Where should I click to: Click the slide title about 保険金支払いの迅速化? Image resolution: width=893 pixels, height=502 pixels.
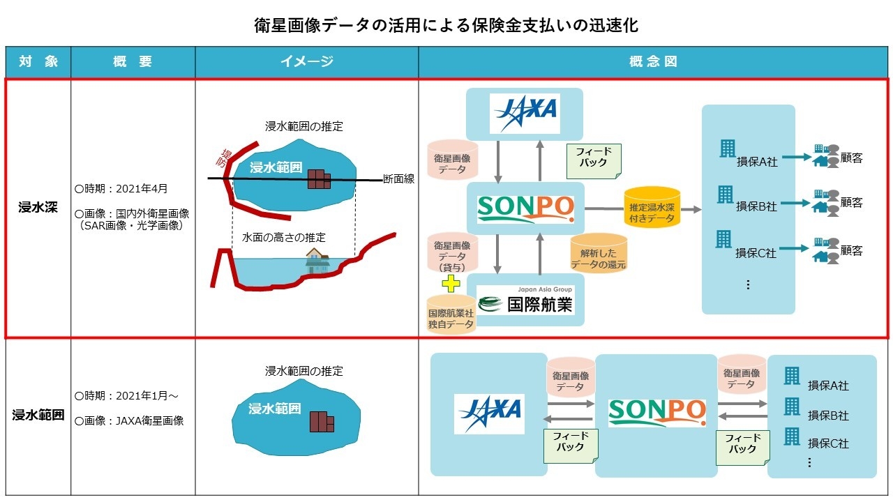click(x=446, y=26)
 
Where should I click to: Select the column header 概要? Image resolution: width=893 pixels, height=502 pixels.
click(x=133, y=62)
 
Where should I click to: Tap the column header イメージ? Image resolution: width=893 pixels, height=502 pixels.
click(x=306, y=62)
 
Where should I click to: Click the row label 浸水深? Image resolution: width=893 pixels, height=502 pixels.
click(x=38, y=207)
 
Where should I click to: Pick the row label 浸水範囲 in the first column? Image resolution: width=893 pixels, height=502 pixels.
click(x=38, y=416)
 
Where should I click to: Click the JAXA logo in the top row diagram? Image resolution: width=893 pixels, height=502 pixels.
click(x=525, y=112)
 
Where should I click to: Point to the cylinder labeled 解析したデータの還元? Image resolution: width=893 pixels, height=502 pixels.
click(x=599, y=252)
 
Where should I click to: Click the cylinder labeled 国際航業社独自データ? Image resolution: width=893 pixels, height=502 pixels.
click(x=451, y=315)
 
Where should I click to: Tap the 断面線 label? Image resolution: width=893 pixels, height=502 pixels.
click(x=399, y=179)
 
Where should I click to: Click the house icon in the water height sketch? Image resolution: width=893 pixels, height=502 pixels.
click(x=317, y=261)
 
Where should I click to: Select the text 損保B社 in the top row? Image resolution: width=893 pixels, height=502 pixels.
click(x=757, y=206)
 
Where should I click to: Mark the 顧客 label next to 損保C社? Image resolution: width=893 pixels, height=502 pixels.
click(x=851, y=250)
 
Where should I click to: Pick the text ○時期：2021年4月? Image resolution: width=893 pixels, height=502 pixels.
click(x=121, y=189)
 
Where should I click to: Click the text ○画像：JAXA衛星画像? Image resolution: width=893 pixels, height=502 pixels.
click(x=129, y=420)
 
